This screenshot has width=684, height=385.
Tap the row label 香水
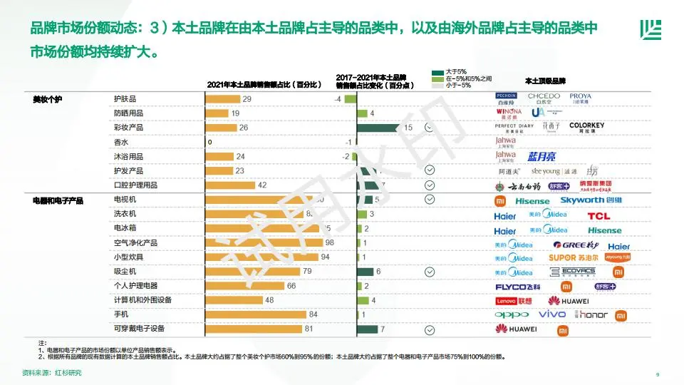tap(121, 142)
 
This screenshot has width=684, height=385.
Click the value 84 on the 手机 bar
tap(313, 314)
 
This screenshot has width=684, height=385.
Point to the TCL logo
tap(598, 216)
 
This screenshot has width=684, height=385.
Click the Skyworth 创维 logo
tap(591, 200)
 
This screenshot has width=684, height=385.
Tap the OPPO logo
tap(512, 314)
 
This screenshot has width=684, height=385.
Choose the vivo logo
tap(552, 314)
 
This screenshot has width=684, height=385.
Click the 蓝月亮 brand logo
tap(541, 156)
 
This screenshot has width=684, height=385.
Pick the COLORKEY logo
tap(586, 128)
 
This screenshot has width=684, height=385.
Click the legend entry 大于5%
tap(456, 72)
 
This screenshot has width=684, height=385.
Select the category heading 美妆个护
tap(48, 99)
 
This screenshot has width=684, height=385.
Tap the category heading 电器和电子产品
tap(58, 200)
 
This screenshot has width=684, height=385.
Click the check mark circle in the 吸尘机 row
tap(429, 272)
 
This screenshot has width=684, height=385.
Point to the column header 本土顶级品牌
tap(545, 81)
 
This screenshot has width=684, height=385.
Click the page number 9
tap(656, 374)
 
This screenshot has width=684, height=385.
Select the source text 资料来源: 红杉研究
tap(52, 373)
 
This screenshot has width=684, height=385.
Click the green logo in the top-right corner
tap(650, 30)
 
